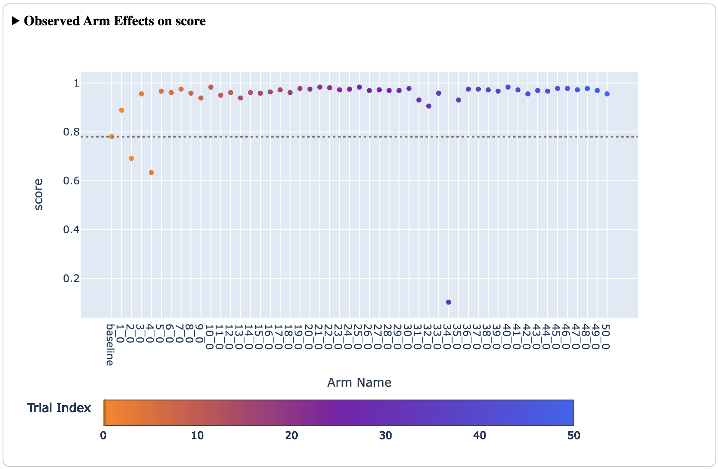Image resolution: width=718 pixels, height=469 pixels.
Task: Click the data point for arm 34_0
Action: click(449, 302)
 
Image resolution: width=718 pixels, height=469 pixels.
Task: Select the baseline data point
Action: click(112, 137)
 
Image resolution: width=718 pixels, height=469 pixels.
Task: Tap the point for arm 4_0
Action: click(151, 173)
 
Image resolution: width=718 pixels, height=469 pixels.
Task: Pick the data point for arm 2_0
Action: click(132, 159)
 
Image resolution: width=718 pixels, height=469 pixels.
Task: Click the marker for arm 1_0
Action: click(122, 110)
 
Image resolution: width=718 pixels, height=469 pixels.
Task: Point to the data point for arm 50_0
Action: click(607, 94)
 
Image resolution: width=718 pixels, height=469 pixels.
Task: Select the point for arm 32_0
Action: click(429, 106)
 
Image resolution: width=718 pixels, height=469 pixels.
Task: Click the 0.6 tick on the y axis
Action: click(71, 181)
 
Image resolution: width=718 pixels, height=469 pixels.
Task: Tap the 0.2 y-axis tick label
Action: click(71, 279)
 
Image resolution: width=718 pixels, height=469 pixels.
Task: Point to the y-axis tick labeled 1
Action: click(76, 83)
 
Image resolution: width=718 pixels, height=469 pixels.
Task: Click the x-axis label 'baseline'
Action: click(110, 345)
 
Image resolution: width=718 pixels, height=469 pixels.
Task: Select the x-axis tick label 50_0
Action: click(606, 337)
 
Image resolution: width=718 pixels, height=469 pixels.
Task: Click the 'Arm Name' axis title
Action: click(359, 382)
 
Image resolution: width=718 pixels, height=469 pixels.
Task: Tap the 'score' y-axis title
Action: click(39, 194)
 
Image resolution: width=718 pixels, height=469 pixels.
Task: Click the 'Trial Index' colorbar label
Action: click(59, 408)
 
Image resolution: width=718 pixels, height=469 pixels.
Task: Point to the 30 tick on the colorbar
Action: click(385, 436)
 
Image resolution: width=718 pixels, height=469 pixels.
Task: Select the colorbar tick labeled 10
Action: click(197, 436)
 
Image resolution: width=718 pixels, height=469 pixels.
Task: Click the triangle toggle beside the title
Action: click(16, 21)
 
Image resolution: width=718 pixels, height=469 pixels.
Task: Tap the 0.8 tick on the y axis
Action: click(71, 132)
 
